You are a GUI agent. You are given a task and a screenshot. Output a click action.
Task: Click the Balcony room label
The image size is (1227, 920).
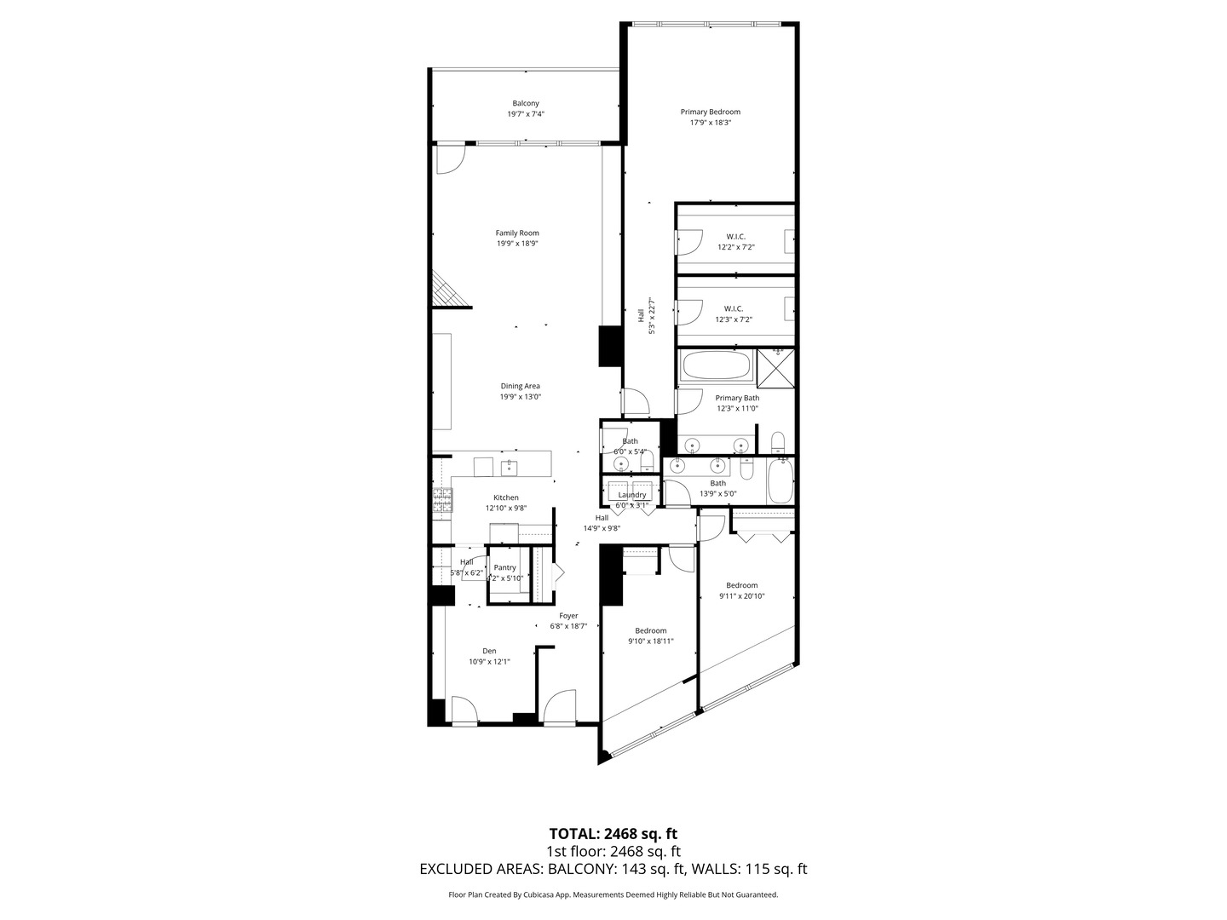(526, 103)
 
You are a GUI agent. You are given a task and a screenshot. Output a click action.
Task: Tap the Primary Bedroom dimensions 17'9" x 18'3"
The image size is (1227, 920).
(710, 123)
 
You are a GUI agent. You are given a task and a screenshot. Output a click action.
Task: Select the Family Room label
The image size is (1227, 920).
(517, 233)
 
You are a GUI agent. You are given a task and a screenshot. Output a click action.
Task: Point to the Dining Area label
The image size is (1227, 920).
(520, 386)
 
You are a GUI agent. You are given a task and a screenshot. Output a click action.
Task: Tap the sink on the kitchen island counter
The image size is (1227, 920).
(509, 467)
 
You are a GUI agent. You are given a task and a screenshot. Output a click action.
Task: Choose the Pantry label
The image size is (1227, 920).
(504, 567)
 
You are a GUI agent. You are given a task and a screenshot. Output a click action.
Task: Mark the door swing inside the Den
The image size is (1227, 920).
(463, 710)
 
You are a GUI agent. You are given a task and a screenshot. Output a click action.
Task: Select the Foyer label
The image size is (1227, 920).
(568, 616)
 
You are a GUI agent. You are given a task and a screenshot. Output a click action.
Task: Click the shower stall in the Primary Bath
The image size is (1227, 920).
(776, 367)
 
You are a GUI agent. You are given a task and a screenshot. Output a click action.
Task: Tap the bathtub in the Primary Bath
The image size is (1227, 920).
(717, 367)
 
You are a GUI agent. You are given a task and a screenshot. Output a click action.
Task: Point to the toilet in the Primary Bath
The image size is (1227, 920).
(778, 443)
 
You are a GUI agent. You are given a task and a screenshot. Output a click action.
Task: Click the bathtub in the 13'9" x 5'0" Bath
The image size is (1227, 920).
(780, 482)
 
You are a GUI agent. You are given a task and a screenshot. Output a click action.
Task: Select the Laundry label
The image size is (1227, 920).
(632, 495)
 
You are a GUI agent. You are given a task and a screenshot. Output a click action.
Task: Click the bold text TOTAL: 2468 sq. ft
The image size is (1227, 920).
(613, 833)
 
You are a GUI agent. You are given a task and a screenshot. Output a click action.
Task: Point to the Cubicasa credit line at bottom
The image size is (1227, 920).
(613, 894)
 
